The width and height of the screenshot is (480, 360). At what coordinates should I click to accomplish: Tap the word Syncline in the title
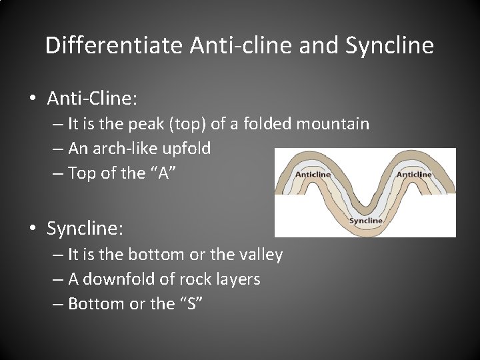[390, 46]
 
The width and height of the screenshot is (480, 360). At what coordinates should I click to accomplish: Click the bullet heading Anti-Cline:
[92, 99]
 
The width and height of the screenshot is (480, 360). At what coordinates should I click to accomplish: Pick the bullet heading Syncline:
[85, 229]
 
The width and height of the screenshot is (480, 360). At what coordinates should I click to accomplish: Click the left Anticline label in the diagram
[313, 175]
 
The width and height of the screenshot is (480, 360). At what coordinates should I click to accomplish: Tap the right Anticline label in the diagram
[414, 175]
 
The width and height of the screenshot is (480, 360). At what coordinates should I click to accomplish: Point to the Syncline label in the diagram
[365, 220]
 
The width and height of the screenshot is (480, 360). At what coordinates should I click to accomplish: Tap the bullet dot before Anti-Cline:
[32, 99]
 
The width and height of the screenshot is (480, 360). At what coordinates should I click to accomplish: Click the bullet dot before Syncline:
[32, 229]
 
